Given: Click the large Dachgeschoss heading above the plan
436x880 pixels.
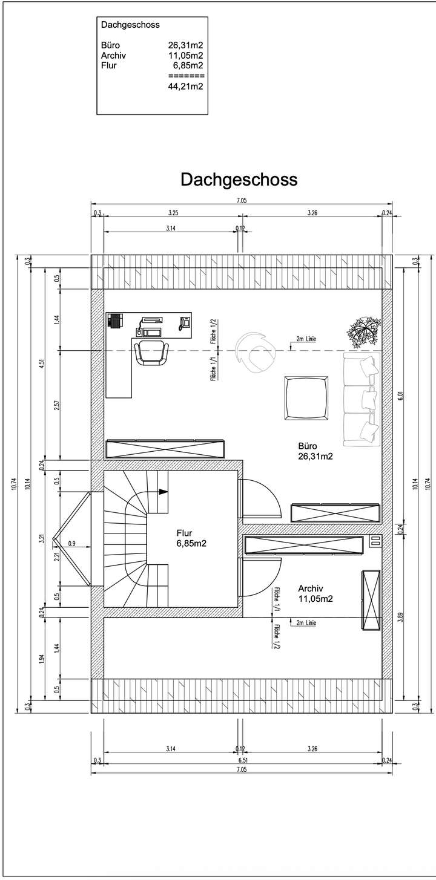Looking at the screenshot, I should (239, 180).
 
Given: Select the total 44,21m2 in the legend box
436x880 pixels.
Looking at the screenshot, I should (185, 86).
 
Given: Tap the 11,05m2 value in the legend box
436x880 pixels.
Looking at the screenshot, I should (185, 55).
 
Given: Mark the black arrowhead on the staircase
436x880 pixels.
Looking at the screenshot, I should (163, 492).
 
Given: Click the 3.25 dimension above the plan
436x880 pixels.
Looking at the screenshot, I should (172, 213).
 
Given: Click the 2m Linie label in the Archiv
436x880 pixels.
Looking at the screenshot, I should (305, 622).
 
